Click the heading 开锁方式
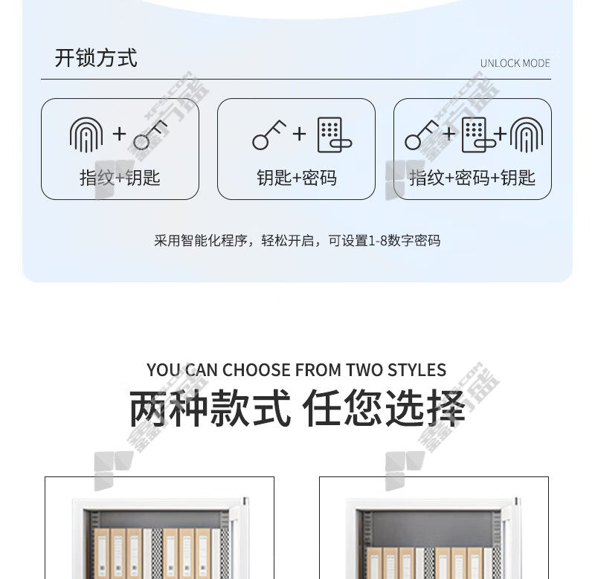[96, 58]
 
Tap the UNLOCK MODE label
[515, 63]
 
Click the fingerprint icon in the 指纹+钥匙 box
[86, 135]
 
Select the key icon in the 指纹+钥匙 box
[152, 136]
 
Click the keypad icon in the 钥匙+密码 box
[332, 135]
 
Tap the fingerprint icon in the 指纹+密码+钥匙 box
[527, 135]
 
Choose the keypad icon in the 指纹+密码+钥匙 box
[477, 135]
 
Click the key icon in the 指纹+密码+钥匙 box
[422, 135]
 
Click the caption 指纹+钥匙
[120, 178]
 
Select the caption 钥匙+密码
[296, 178]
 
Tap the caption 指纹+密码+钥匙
[472, 178]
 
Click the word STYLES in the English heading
[414, 370]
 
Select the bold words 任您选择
[383, 410]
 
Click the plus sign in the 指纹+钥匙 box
[119, 134]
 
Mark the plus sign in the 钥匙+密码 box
[299, 134]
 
